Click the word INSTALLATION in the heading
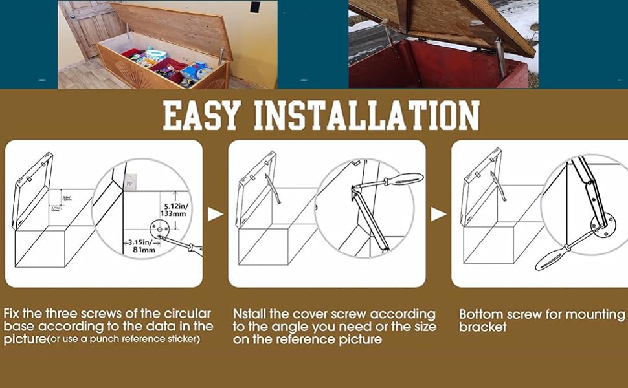(366, 116)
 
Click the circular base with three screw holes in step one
(159, 228)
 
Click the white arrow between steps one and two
(216, 214)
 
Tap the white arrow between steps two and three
(438, 214)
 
